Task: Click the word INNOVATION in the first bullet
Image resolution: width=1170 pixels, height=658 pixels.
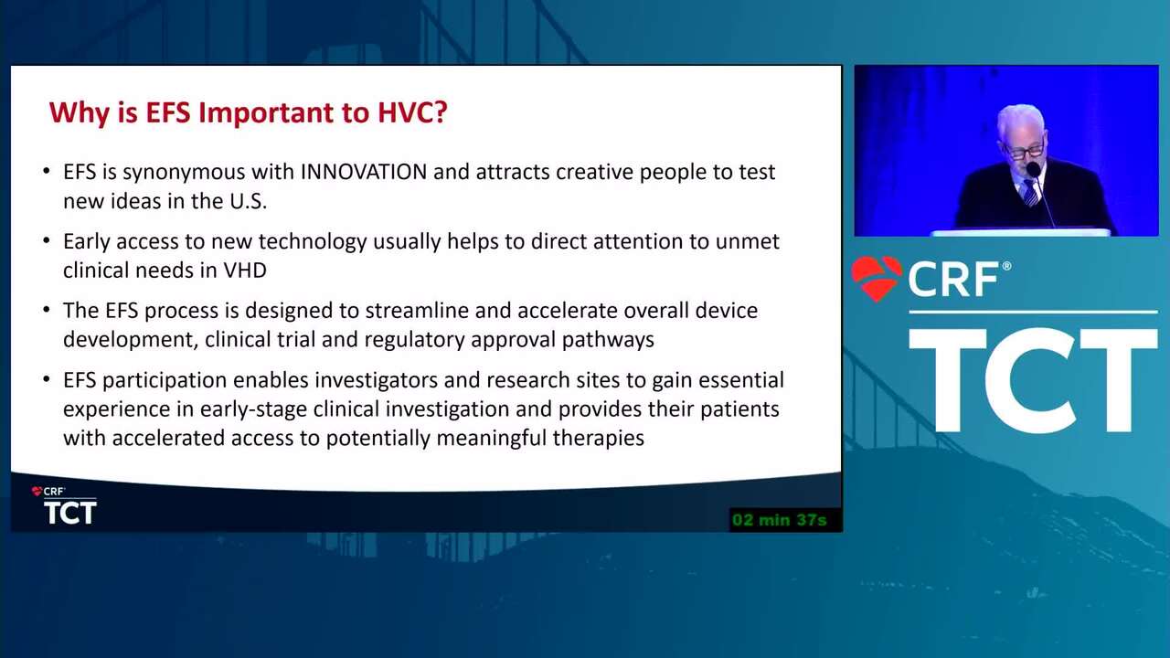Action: (x=364, y=172)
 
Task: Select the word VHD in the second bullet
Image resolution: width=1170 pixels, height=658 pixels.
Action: (x=245, y=271)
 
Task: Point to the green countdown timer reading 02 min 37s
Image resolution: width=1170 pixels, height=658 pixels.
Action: (x=780, y=520)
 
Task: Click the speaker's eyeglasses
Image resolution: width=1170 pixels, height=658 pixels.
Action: (x=1025, y=152)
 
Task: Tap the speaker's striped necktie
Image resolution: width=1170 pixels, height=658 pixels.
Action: (x=1030, y=193)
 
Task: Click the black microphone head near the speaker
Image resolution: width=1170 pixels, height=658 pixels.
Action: (x=1033, y=169)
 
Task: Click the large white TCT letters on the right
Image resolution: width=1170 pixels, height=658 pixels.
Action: (x=1033, y=380)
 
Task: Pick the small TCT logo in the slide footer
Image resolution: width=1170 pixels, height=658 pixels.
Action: (x=70, y=513)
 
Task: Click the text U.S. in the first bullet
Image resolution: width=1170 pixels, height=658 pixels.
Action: (x=248, y=201)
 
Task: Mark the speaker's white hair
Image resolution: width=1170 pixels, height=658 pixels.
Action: (x=1020, y=118)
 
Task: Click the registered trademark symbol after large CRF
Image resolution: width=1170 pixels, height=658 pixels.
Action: (x=1006, y=266)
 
